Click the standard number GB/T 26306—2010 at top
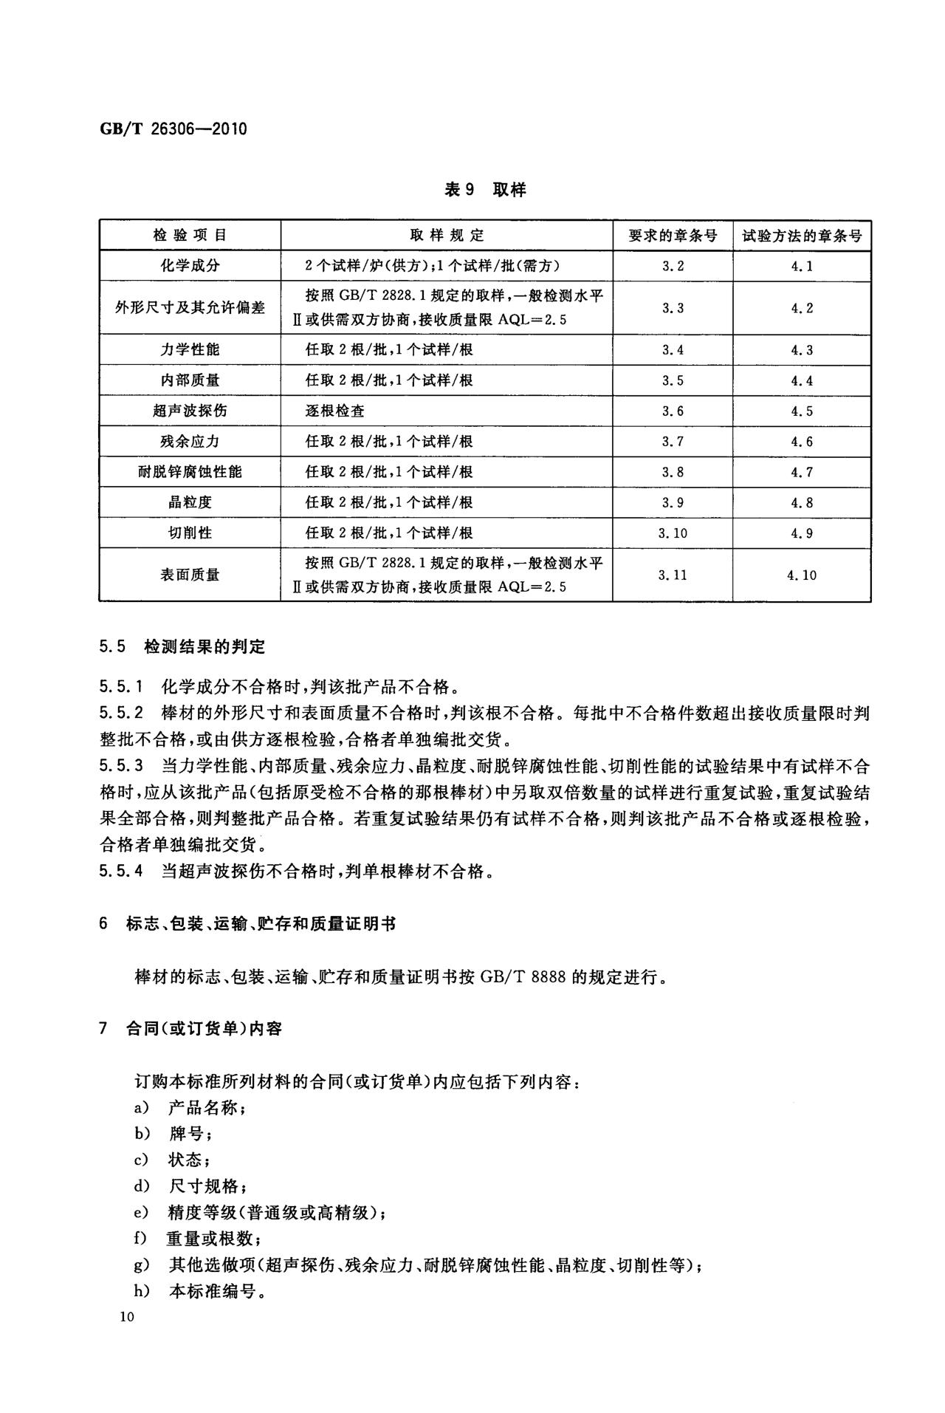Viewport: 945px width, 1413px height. (173, 129)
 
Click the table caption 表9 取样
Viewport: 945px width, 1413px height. (484, 190)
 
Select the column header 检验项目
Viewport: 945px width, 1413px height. (190, 236)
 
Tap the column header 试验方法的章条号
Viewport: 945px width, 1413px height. (802, 236)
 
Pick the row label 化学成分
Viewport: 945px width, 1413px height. (190, 266)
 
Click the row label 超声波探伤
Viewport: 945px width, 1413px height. (190, 411)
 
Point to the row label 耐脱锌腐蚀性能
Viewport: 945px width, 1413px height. (190, 471)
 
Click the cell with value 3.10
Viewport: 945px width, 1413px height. (672, 533)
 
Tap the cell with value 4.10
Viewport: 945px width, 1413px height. (802, 575)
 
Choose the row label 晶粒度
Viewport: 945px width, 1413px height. (190, 502)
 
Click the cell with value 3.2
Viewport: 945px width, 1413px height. (672, 266)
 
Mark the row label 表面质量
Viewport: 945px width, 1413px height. (190, 575)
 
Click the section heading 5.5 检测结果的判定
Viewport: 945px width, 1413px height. (182, 647)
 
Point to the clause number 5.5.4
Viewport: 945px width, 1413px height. (121, 872)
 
